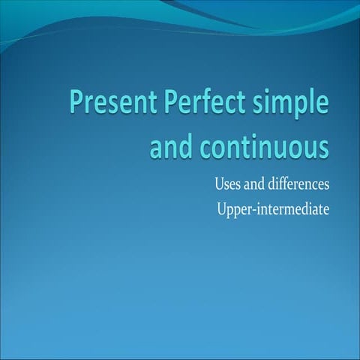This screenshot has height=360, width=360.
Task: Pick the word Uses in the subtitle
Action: pos(227,184)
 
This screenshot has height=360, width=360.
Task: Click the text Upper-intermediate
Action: pos(271,210)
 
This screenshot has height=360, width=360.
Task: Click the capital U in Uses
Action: pos(220,184)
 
